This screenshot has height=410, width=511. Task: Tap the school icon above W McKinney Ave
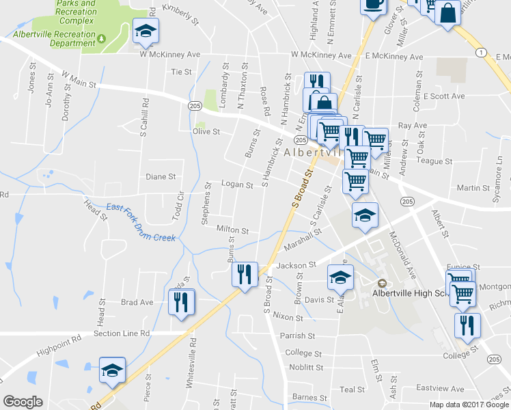click(x=144, y=30)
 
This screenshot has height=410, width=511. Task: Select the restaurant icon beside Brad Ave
click(x=181, y=301)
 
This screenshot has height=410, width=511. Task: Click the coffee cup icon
click(x=373, y=3)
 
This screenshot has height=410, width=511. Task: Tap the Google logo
click(x=23, y=402)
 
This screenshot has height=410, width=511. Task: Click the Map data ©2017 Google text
click(x=469, y=404)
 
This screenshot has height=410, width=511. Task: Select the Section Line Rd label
click(x=122, y=333)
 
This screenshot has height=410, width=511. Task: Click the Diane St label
click(x=161, y=176)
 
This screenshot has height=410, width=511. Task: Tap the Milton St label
click(x=232, y=231)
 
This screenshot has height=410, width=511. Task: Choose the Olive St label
click(x=206, y=131)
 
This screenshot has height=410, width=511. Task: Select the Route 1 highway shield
click(x=482, y=52)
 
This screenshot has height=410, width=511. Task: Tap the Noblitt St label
click(x=306, y=367)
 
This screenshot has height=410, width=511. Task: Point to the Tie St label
click(x=181, y=71)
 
